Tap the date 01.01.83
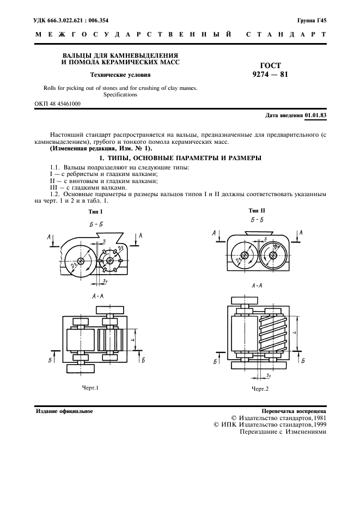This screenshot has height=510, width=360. click(315, 116)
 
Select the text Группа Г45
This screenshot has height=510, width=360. click(312, 20)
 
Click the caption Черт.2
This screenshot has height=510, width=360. click(260, 388)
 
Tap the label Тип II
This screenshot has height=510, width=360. click(257, 210)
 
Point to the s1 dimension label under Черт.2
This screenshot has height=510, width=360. click(269, 377)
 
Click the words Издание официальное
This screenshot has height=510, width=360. click(63, 411)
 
